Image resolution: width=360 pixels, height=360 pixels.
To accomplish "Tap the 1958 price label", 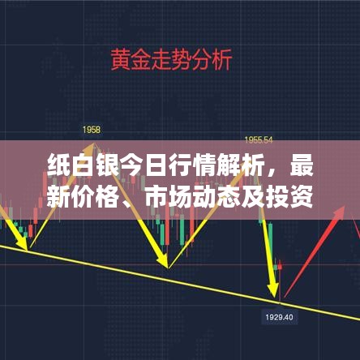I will pos(90,131).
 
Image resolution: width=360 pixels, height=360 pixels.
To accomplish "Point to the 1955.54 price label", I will pos(260,139).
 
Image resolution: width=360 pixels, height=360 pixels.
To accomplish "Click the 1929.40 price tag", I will pos(278,316).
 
